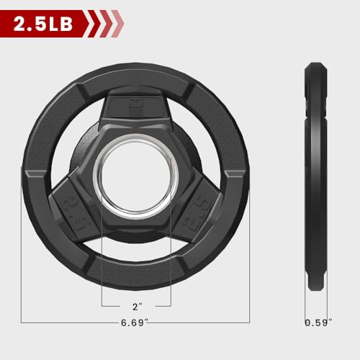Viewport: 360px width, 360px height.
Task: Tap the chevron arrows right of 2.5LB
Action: point(105,24)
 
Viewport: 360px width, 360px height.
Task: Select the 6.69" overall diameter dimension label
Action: point(136,321)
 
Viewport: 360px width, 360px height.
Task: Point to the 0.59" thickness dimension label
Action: point(318,321)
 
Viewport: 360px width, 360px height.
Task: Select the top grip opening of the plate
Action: point(136,85)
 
